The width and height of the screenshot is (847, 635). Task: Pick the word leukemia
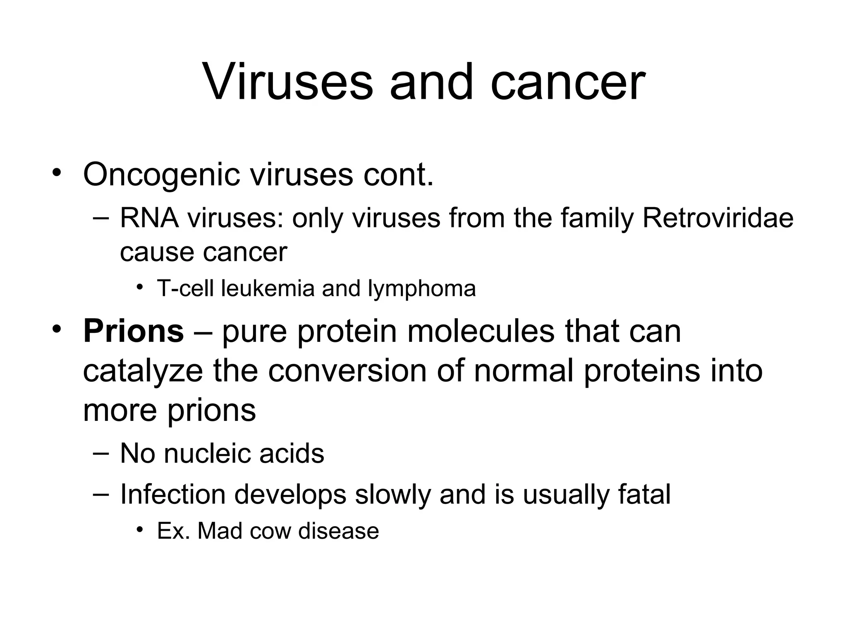(x=268, y=288)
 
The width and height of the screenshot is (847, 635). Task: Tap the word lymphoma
(x=421, y=289)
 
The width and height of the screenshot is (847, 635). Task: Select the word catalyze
(x=143, y=371)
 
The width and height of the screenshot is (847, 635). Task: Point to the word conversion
(x=347, y=371)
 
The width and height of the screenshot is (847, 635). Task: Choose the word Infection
(x=172, y=494)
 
